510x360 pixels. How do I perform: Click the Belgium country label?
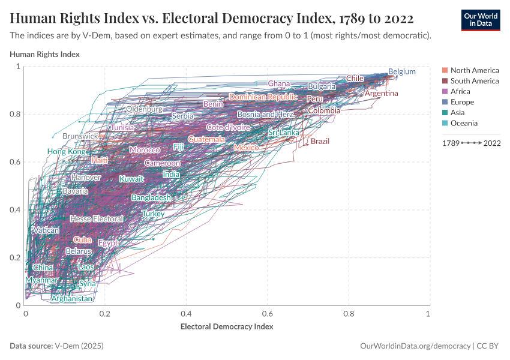(x=401, y=71)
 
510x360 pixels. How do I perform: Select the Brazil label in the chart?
(x=320, y=141)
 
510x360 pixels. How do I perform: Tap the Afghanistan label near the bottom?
(x=72, y=298)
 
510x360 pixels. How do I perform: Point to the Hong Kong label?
(x=67, y=152)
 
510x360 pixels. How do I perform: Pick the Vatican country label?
(x=46, y=230)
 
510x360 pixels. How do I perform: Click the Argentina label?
(x=381, y=93)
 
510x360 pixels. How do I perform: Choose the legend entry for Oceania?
(x=464, y=123)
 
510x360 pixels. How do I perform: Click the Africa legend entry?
(x=460, y=91)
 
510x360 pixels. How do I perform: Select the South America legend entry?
(x=474, y=81)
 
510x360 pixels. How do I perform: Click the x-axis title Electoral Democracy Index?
(x=227, y=326)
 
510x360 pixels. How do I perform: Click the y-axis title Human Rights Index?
(x=45, y=54)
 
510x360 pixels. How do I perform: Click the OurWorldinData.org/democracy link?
(x=414, y=346)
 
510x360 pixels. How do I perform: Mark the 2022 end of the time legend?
(x=492, y=143)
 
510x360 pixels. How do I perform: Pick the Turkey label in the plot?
(x=153, y=214)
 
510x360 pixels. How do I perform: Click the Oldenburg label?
(x=144, y=109)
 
